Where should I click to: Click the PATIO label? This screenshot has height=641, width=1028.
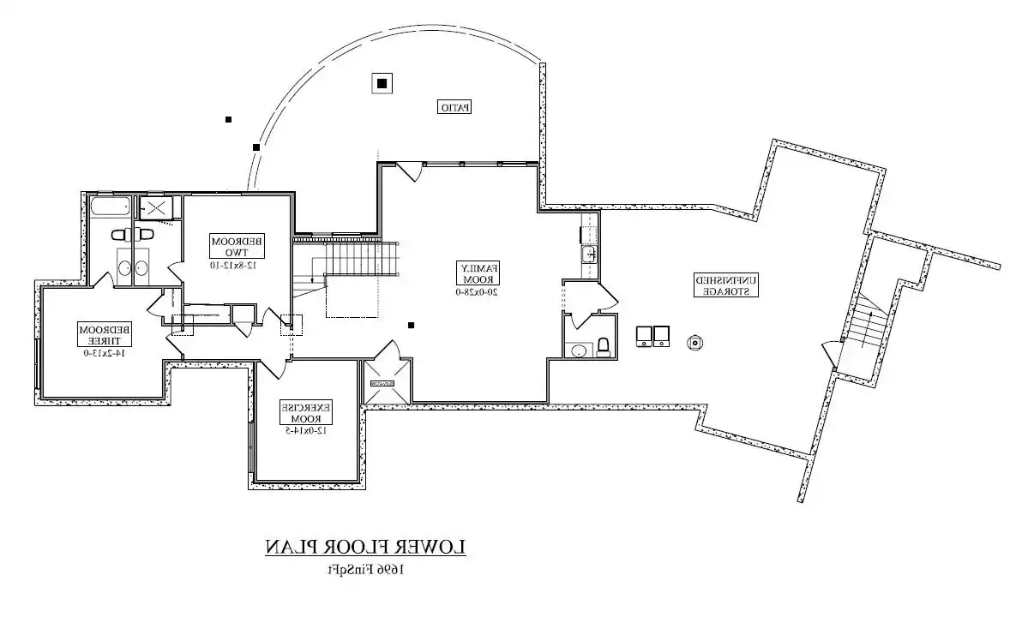pos(456,107)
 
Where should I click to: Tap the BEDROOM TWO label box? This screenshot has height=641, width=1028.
pos(237,247)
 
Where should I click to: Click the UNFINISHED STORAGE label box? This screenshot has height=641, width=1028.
pos(725,285)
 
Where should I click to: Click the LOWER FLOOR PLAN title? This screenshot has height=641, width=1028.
pos(364,547)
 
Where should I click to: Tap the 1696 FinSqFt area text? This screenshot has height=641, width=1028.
pos(364,568)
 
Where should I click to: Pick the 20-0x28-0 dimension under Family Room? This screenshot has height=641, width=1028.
pos(477,291)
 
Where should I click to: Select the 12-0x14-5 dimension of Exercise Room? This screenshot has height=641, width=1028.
pos(306,430)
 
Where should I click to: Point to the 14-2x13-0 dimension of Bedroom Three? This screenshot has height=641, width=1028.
pos(105,351)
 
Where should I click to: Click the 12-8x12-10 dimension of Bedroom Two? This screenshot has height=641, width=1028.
pos(237,265)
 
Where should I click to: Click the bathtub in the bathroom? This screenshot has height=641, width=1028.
pos(111,207)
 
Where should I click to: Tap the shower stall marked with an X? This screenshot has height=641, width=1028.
pos(156,207)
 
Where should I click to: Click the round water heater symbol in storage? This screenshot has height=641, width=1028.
pos(694,343)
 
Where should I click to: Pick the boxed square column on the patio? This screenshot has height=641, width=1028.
pos(382,83)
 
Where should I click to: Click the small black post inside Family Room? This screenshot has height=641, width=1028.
pos(411,325)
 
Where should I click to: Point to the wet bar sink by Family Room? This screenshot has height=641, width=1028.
pos(589,255)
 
